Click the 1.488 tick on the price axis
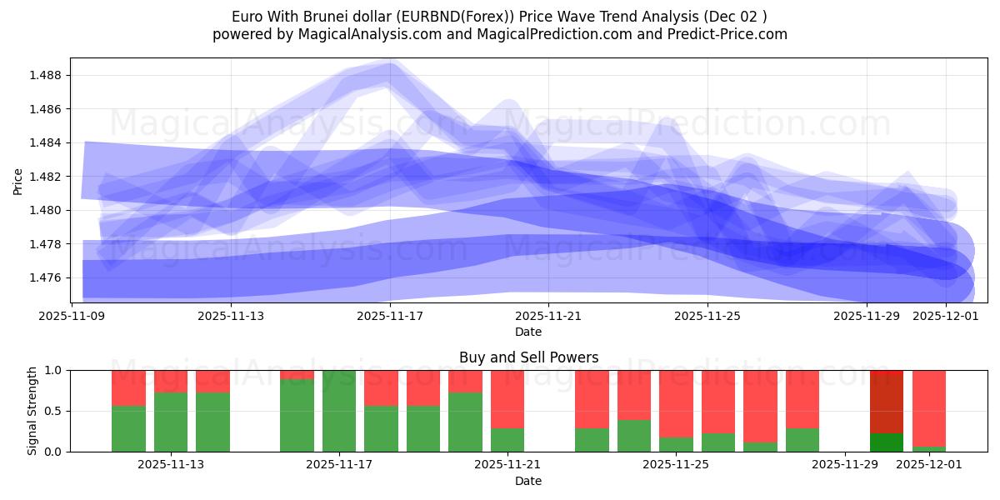click(47, 76)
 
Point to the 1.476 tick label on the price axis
click(47, 277)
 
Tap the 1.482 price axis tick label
click(47, 177)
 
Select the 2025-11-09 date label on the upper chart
click(72, 317)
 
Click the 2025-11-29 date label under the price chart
click(867, 317)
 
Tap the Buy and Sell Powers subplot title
click(528, 357)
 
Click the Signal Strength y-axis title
click(33, 411)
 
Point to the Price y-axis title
click(18, 180)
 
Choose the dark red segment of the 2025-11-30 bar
click(886, 401)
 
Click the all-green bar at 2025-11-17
click(339, 411)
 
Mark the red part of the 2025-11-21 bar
click(507, 398)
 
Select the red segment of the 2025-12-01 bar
click(928, 407)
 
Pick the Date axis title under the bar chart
click(528, 481)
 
